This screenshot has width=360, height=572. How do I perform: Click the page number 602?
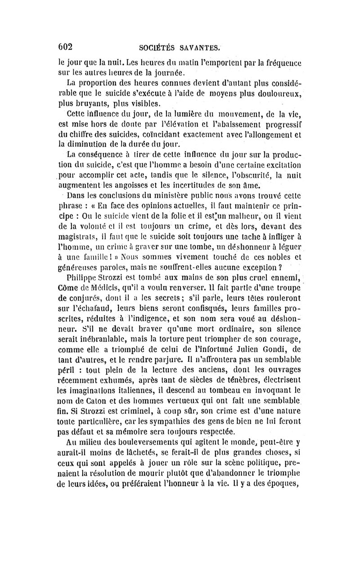click(63, 46)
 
